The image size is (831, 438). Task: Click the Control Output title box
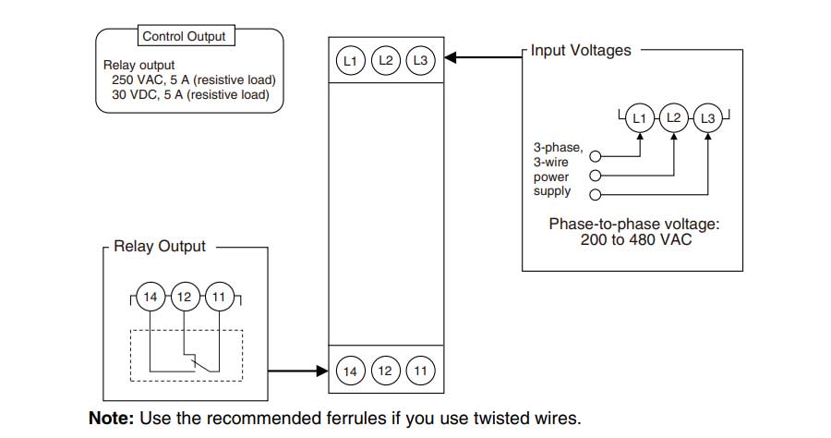[x=184, y=37]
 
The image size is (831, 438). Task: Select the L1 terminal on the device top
[x=350, y=61]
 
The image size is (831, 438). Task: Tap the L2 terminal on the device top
[x=386, y=61]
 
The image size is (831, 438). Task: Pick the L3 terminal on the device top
[x=421, y=61]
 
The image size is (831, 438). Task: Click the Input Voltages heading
[x=582, y=51]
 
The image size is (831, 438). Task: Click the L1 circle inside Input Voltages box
[x=639, y=118]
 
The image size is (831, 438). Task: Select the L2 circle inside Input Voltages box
[x=674, y=118]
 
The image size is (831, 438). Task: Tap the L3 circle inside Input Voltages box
[x=708, y=118]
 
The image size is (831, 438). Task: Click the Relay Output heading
[x=160, y=247]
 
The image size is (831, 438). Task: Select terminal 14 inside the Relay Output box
[x=150, y=298]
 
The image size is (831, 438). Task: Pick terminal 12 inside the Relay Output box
[x=185, y=298]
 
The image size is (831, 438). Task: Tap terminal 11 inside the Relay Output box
[x=219, y=298]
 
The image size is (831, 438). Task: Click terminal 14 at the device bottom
[x=350, y=371]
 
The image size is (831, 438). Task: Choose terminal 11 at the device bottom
[x=421, y=371]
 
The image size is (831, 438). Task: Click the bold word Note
[x=111, y=418]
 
